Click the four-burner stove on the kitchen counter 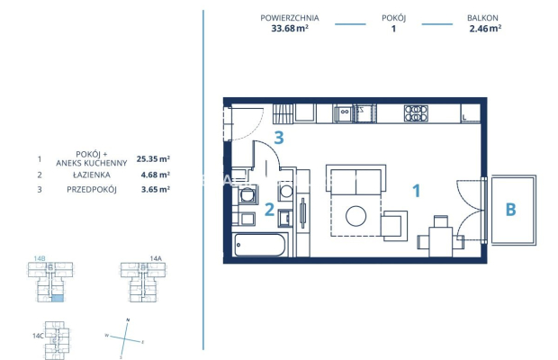click(x=415, y=113)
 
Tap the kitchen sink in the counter click(x=344, y=113)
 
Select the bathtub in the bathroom click(x=259, y=245)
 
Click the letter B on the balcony click(x=510, y=210)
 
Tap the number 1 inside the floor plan click(x=416, y=190)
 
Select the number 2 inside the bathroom click(x=269, y=211)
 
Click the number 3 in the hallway click(x=280, y=138)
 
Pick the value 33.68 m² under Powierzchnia click(x=289, y=28)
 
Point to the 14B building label click(x=40, y=258)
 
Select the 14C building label click(x=37, y=335)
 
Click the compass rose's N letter click(x=128, y=320)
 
